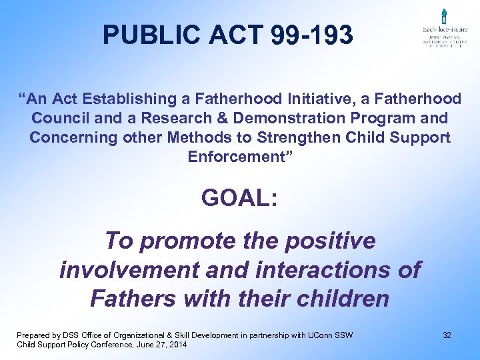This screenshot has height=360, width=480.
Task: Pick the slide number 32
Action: pos(447,335)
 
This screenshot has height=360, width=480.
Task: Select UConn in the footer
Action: pos(323,335)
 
